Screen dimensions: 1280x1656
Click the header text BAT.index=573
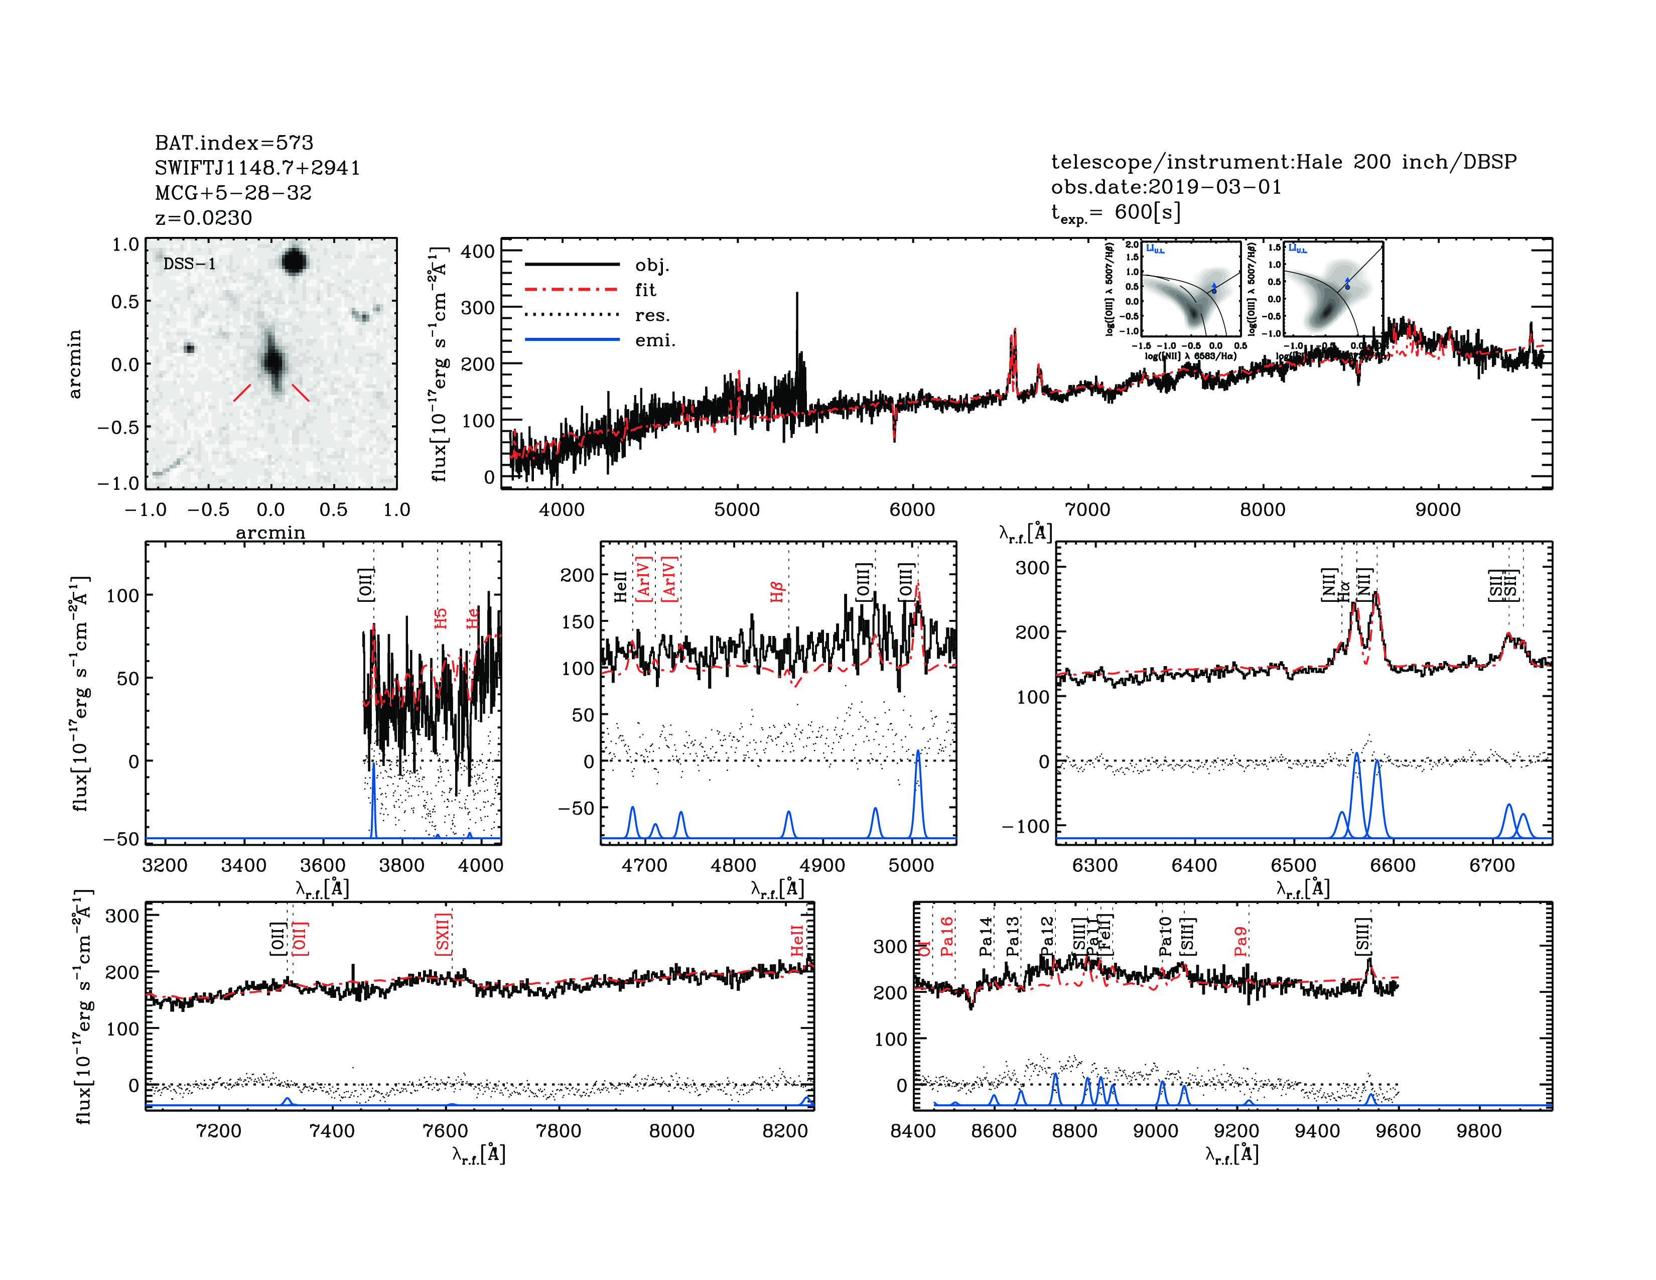click(233, 143)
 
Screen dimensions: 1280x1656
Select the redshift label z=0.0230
click(203, 218)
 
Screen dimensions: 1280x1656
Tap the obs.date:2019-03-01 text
click(1165, 187)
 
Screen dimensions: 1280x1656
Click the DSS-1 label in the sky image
click(190, 264)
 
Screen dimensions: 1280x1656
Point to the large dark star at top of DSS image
click(294, 262)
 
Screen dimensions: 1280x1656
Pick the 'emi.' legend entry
click(654, 340)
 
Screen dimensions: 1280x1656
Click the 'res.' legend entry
click(652, 315)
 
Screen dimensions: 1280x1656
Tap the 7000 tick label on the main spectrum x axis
click(1087, 509)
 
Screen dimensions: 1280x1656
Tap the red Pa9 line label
click(1240, 941)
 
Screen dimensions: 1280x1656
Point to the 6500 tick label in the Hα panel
click(1294, 865)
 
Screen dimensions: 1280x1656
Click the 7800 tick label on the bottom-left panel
click(558, 1130)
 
